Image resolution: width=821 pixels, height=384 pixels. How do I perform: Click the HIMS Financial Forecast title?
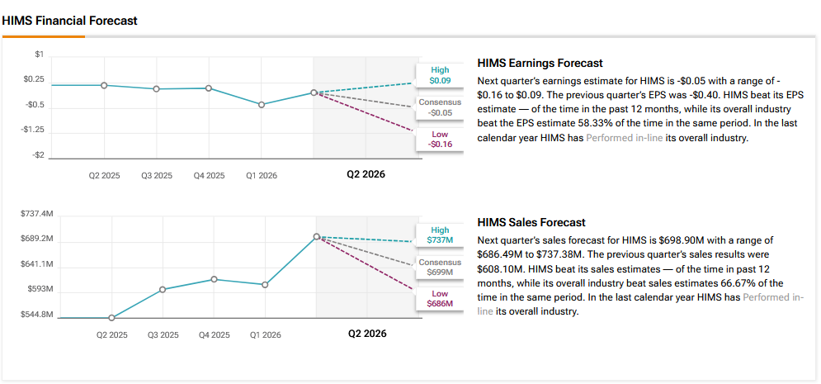click(x=69, y=21)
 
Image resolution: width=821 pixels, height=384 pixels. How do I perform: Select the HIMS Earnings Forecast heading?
click(x=540, y=63)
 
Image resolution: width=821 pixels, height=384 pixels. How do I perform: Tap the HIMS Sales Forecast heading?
click(x=531, y=222)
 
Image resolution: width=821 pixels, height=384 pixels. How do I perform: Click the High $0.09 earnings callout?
click(x=440, y=75)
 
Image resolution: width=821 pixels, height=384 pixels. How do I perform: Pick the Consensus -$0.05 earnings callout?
click(x=440, y=107)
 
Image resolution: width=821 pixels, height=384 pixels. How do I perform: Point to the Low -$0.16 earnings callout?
click(x=440, y=140)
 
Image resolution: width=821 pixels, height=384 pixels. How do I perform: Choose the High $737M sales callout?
click(x=440, y=235)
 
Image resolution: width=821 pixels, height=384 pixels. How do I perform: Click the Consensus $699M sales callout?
click(x=440, y=268)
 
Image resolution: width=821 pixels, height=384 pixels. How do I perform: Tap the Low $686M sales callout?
click(x=440, y=299)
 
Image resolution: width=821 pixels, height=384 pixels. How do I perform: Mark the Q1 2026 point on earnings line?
click(x=262, y=105)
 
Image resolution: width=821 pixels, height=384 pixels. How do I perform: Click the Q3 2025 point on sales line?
click(x=163, y=289)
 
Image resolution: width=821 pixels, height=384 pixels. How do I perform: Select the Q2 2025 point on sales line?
click(x=111, y=317)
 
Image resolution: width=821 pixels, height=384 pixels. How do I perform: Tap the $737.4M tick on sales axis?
click(x=36, y=214)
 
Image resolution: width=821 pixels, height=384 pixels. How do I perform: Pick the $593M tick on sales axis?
click(x=40, y=289)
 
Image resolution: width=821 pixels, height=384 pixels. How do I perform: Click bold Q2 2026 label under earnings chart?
click(x=366, y=174)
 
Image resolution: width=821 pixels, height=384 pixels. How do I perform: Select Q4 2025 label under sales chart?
click(x=215, y=335)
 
